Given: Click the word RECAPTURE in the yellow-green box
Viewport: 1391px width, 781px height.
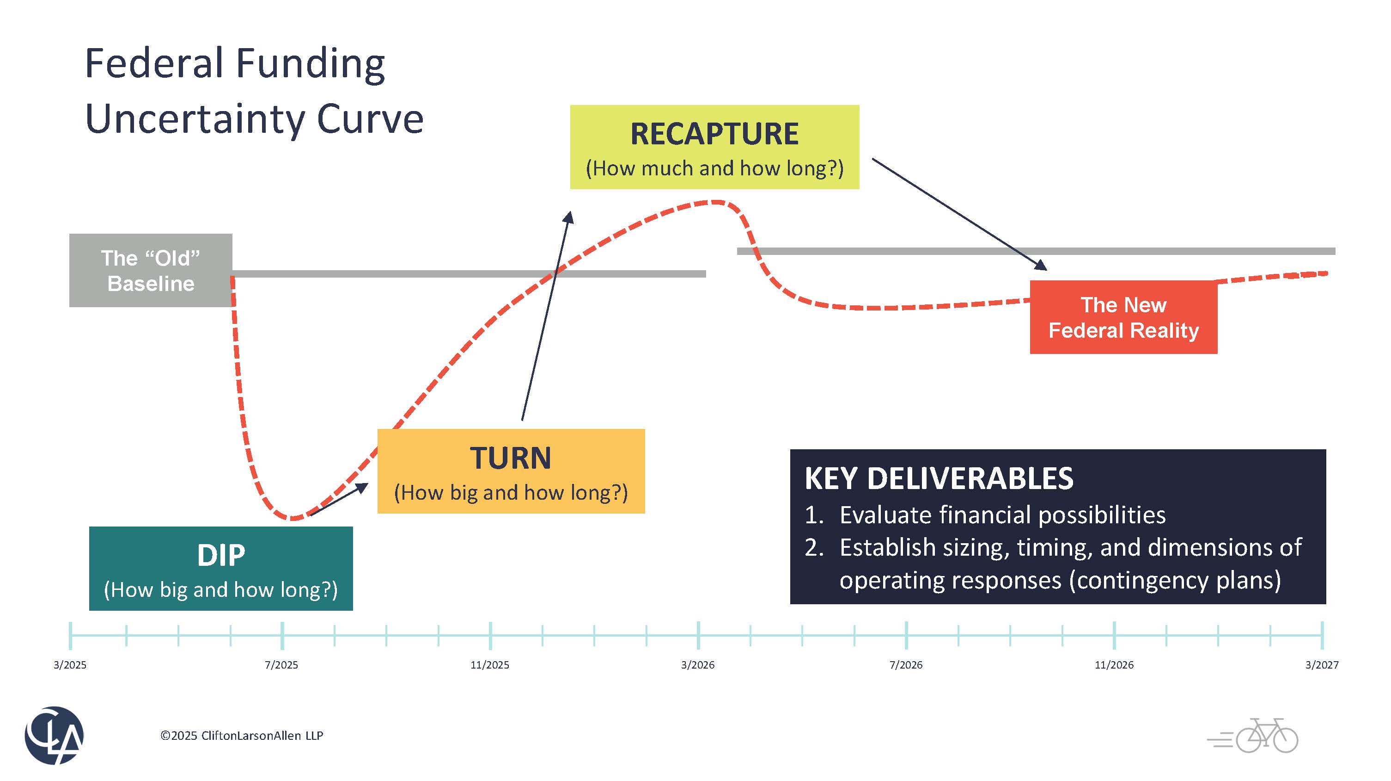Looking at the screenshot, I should click(x=714, y=134).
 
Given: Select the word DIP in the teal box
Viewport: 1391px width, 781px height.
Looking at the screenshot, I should click(x=221, y=555).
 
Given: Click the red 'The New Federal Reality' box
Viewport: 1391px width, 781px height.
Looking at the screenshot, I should click(x=1123, y=317).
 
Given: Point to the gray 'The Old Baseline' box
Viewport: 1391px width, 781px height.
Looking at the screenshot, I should click(x=151, y=270).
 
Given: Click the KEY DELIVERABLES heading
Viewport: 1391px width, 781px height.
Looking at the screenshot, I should click(x=939, y=478).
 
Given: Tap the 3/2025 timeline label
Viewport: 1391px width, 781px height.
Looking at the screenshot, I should click(x=70, y=665).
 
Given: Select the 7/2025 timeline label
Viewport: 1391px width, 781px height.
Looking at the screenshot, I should click(x=281, y=665).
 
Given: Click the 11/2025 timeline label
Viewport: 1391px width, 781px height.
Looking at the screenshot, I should click(x=490, y=665).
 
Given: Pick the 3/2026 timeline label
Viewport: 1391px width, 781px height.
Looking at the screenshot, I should click(x=698, y=665).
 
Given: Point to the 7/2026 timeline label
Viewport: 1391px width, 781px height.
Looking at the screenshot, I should click(x=906, y=665).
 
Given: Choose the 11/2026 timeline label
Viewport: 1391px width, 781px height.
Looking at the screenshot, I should click(x=1114, y=665).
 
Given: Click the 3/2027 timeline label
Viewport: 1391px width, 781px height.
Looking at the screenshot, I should click(x=1321, y=665).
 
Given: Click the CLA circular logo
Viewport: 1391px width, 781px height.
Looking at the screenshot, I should click(x=54, y=735).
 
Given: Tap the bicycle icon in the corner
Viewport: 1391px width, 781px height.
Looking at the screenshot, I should click(x=1266, y=736).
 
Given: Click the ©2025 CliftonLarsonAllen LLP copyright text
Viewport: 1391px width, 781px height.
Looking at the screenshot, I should click(x=241, y=736).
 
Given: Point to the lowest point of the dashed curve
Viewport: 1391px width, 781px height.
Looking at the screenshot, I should click(x=293, y=518).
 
